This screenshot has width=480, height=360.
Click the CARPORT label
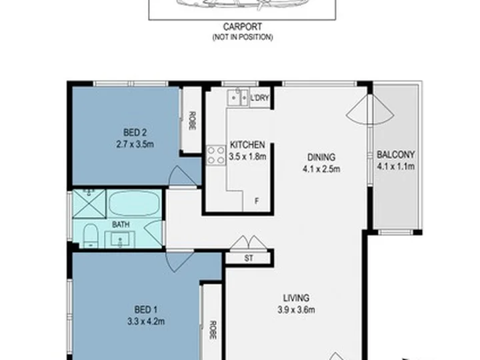tap(243, 27)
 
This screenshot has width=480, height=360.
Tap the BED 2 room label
tap(135, 133)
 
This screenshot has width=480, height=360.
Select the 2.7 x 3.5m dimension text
tap(135, 144)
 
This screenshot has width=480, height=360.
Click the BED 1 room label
tap(146, 310)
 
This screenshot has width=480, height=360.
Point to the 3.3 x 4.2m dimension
tap(146, 321)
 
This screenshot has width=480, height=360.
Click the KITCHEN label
tap(247, 145)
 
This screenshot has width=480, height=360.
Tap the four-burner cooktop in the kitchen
tap(216, 155)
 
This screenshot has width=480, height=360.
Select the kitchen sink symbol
tap(237, 97)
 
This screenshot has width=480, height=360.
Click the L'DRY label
tap(259, 98)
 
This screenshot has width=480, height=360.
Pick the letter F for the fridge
tap(257, 201)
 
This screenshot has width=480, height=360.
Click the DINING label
tap(321, 157)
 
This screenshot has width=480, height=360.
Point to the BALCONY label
tap(395, 155)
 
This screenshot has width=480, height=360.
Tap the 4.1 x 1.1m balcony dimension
tap(395, 166)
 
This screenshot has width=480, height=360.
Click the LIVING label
tap(296, 298)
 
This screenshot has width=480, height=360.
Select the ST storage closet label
tap(249, 259)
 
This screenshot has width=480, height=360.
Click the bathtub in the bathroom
tap(134, 203)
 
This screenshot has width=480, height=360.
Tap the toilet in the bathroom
tap(90, 236)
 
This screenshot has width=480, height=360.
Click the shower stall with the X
tap(89, 204)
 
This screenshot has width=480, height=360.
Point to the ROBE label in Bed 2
tap(192, 121)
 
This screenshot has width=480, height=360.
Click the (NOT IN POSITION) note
tap(243, 37)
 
